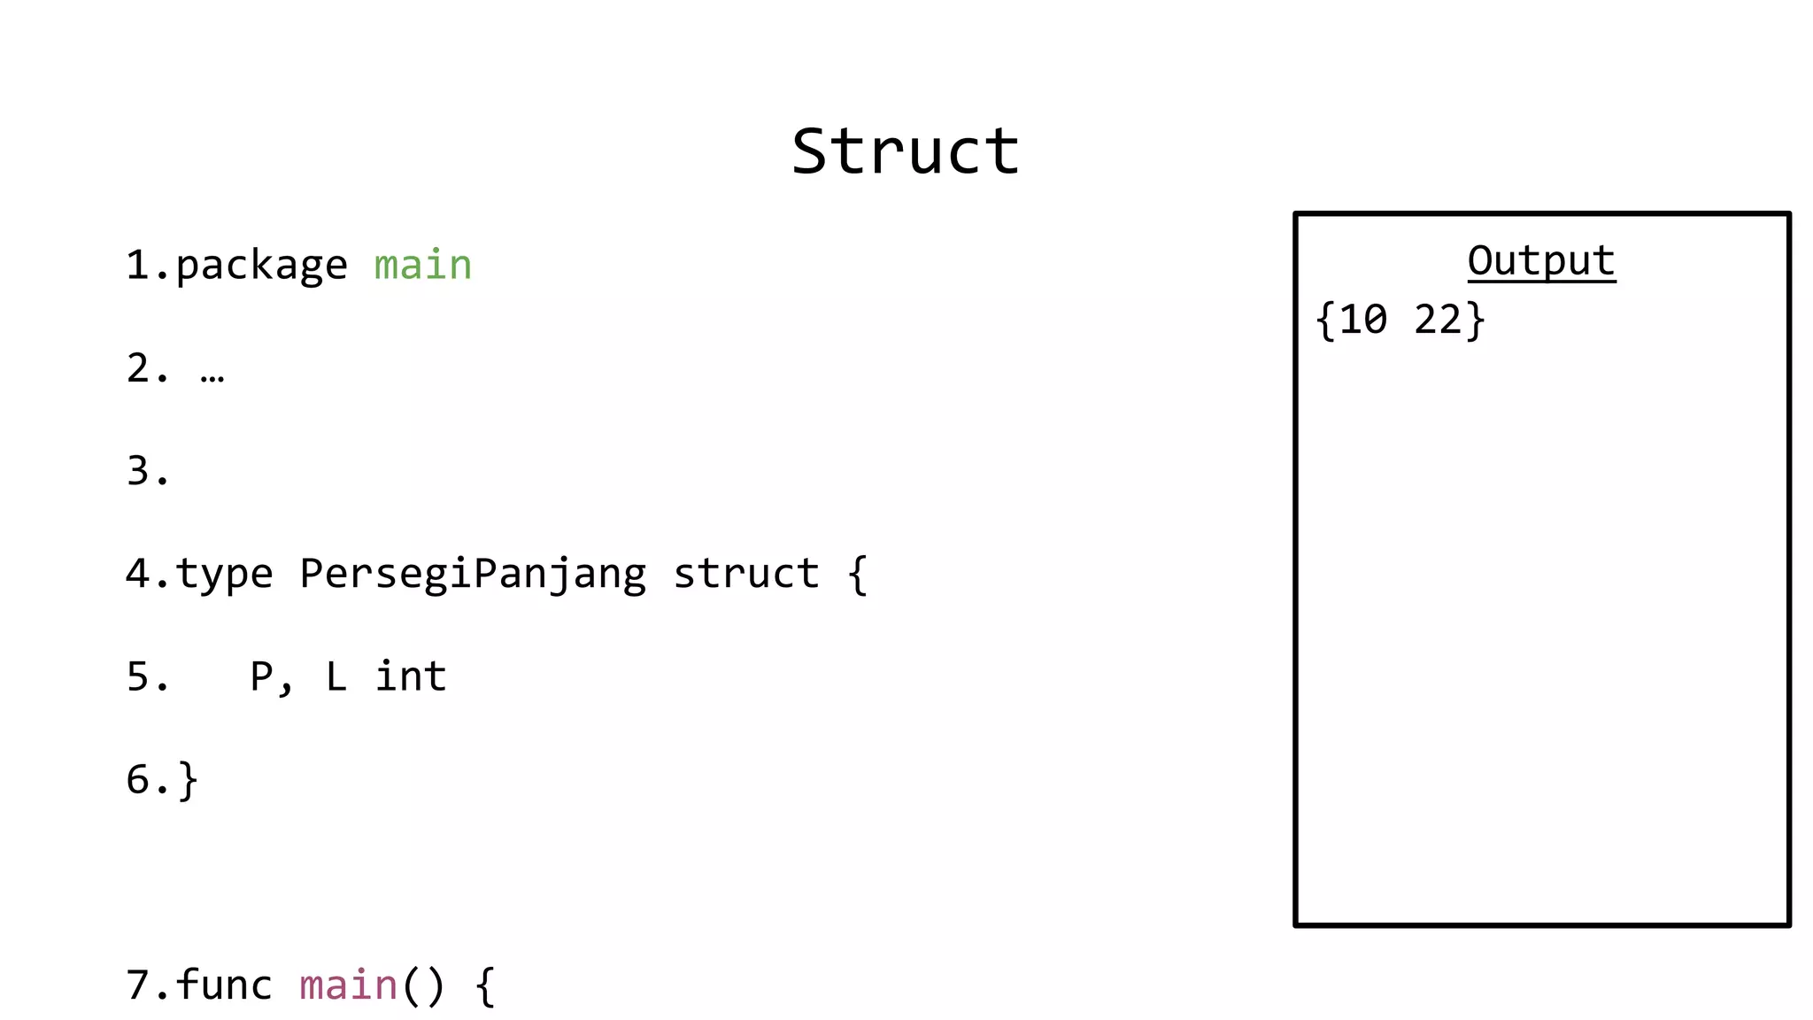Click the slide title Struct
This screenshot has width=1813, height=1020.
pos(906,151)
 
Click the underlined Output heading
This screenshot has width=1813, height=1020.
pos(1541,261)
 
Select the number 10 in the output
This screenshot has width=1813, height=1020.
pos(1362,320)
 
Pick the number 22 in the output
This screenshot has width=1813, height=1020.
pos(1438,320)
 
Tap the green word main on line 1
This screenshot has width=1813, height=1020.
pos(423,266)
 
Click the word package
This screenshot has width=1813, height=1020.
pos(261,266)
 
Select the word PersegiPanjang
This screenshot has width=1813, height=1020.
pos(473,574)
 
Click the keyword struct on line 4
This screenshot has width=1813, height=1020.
pos(746,574)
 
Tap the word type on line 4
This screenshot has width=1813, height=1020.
pos(224,574)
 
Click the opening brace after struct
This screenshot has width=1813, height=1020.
pos(857,574)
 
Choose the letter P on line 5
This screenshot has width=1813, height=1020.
pos(261,676)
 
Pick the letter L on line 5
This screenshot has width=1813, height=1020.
pos(336,676)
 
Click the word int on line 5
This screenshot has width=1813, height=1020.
pos(411,676)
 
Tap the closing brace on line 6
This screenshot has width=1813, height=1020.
pos(188,780)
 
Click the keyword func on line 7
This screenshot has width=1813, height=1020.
pos(224,985)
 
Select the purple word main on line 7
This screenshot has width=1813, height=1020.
pos(348,985)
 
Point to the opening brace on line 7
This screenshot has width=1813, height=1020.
pos(485,985)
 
